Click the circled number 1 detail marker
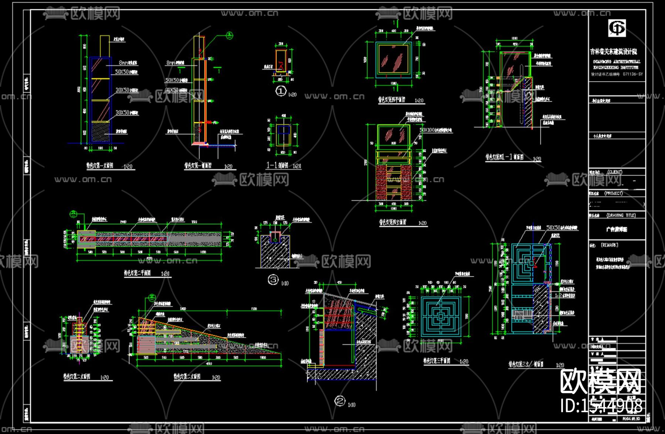[281, 91]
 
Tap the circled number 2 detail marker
[340, 401]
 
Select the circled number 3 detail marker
[273, 280]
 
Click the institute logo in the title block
[617, 28]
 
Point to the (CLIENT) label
[615, 172]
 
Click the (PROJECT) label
[614, 193]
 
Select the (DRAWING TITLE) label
[621, 215]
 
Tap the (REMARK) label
[609, 245]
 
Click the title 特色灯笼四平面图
[391, 100]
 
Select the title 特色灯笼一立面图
[100, 166]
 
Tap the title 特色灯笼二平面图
[137, 273]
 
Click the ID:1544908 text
[601, 406]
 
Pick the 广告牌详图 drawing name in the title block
[616, 229]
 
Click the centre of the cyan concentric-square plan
[440, 316]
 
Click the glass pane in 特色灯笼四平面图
[393, 59]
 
